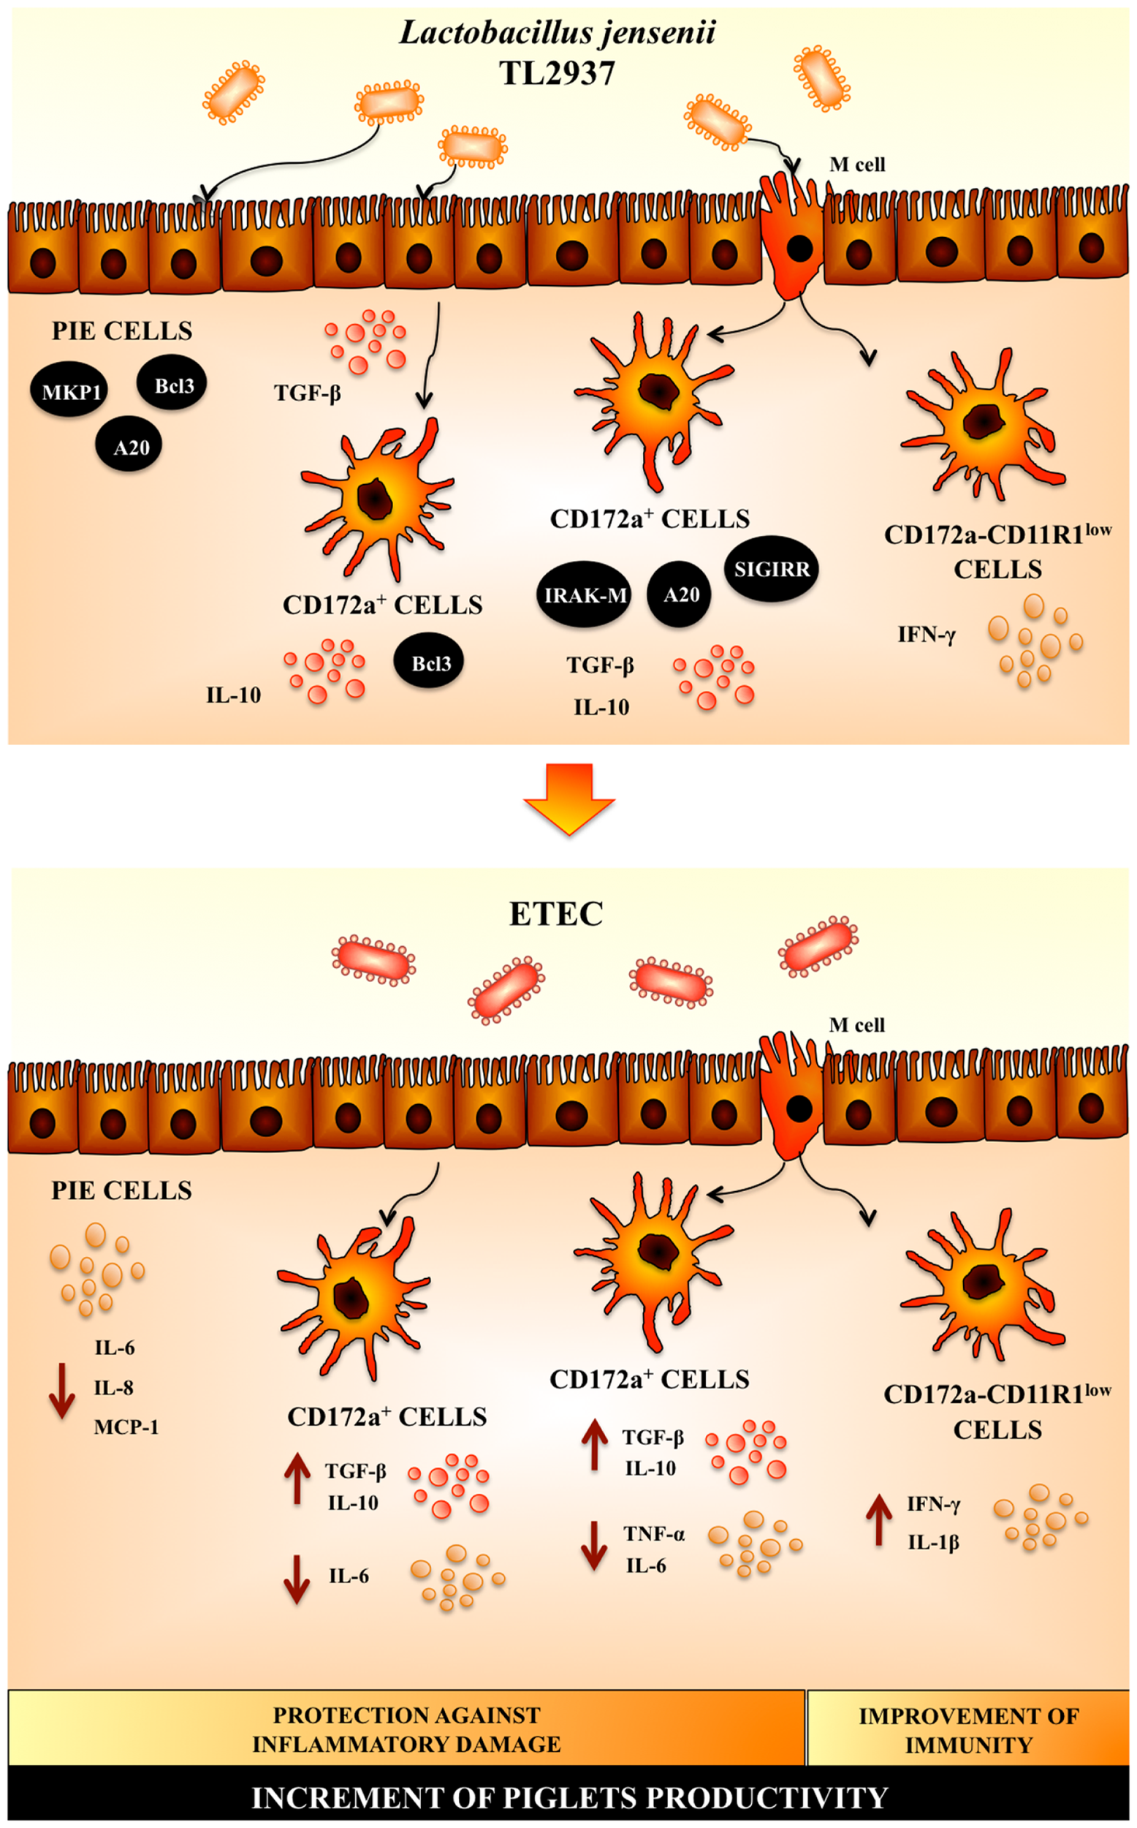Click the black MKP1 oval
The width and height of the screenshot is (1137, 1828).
(x=71, y=391)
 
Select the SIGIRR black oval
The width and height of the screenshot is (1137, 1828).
(x=772, y=570)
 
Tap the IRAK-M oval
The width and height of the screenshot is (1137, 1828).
(x=585, y=595)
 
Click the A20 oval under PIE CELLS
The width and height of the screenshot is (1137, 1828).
(x=130, y=447)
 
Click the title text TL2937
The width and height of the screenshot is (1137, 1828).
(x=558, y=74)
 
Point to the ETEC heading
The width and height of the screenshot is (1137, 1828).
(x=557, y=914)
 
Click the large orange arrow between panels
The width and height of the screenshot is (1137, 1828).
(x=569, y=798)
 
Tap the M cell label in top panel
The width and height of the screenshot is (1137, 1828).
(x=856, y=165)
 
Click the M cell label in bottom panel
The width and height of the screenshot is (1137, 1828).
(x=856, y=1025)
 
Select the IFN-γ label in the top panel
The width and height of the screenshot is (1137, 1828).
(x=927, y=635)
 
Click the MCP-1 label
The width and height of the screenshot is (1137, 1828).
(x=126, y=1427)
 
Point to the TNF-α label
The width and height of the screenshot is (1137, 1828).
(x=653, y=1534)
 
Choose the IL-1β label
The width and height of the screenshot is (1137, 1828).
(x=933, y=1543)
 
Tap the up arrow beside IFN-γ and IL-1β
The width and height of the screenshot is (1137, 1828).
(x=878, y=1519)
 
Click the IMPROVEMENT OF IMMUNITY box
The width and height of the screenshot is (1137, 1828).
(x=967, y=1729)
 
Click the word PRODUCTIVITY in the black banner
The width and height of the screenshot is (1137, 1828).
(x=767, y=1798)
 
